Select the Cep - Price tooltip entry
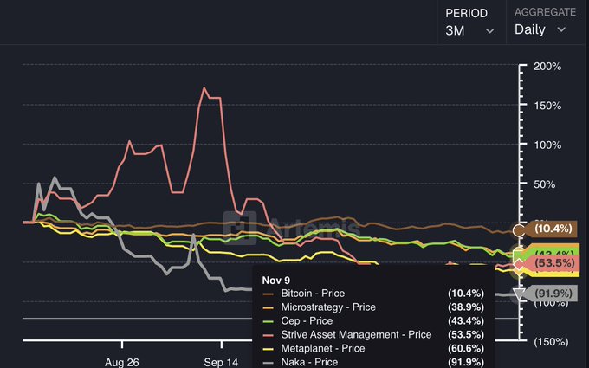click(307, 321)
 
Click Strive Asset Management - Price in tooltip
click(356, 334)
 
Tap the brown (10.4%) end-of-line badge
click(553, 229)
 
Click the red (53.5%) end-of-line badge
click(553, 262)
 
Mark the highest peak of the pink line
click(205, 87)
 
